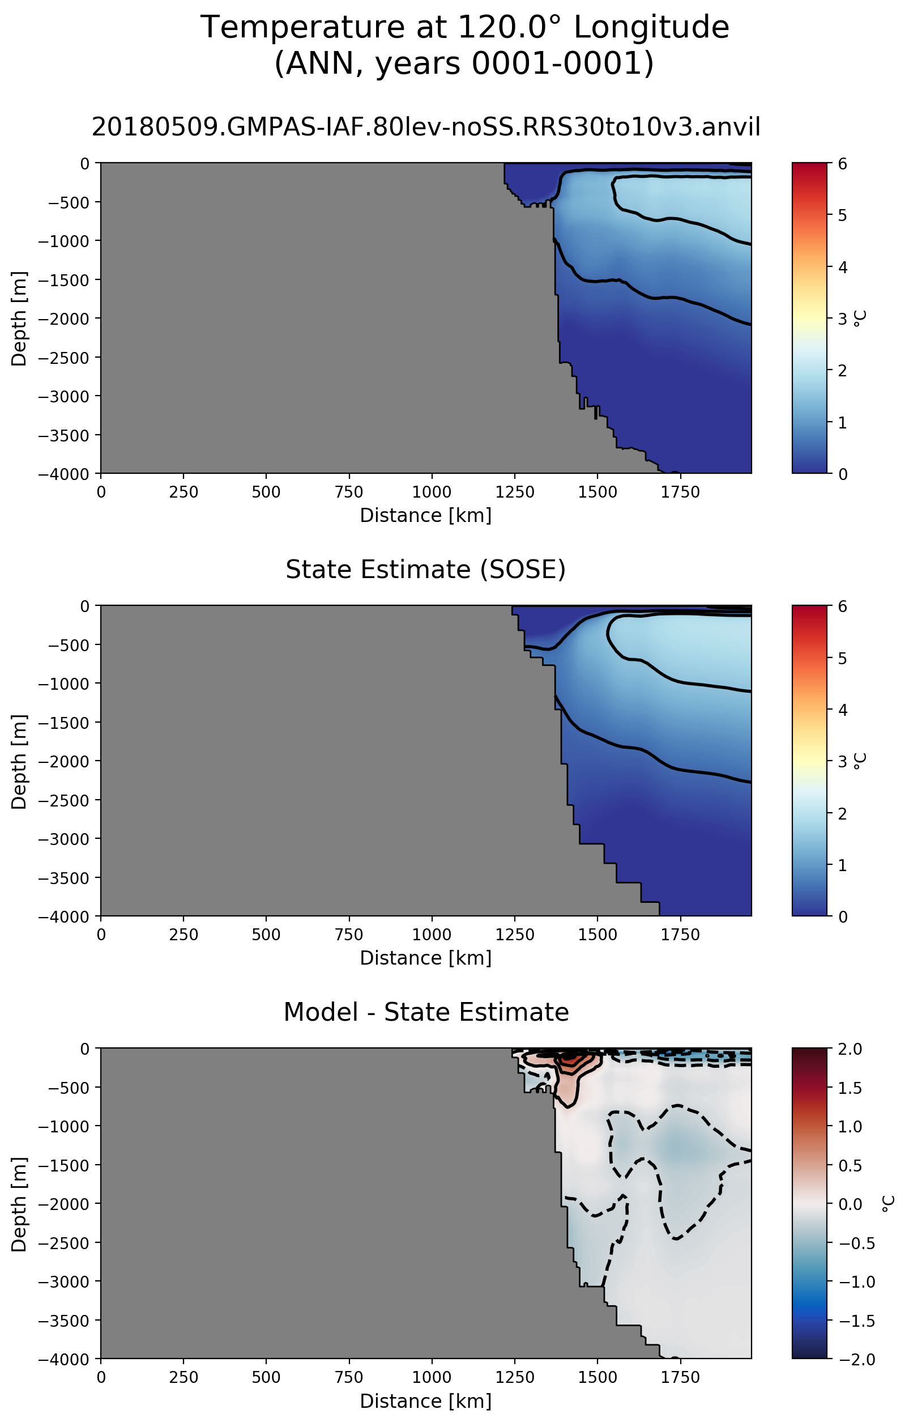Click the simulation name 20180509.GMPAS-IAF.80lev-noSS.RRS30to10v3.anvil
pyautogui.click(x=425, y=127)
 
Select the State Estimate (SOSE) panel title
pyautogui.click(x=425, y=570)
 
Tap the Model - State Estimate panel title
pyautogui.click(x=425, y=1012)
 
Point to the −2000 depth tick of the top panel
pyautogui.click(x=65, y=319)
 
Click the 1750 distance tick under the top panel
pyautogui.click(x=680, y=492)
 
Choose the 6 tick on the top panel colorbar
pyautogui.click(x=842, y=164)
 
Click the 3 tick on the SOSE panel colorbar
pyautogui.click(x=842, y=761)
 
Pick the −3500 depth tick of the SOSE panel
pyautogui.click(x=65, y=878)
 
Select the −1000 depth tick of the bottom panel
pyautogui.click(x=65, y=1127)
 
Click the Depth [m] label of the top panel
pyautogui.click(x=19, y=319)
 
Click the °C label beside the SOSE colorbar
pyautogui.click(x=861, y=761)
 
